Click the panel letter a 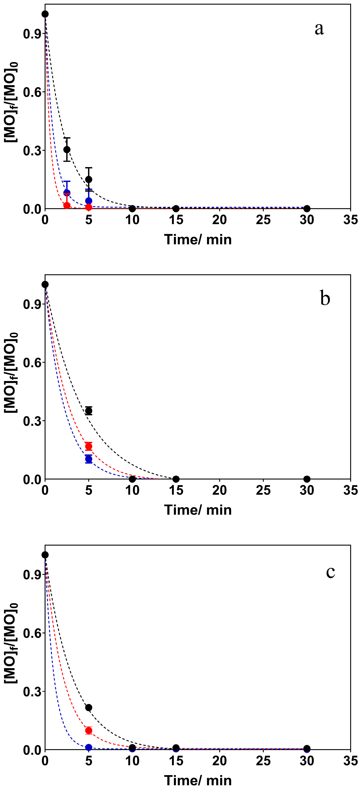point(319,29)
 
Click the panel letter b point(325,298)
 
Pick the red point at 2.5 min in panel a point(67,205)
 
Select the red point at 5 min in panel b point(89,446)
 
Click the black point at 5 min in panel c point(89,708)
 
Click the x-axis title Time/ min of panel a point(198,240)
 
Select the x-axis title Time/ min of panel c point(198,780)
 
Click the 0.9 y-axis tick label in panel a point(32,34)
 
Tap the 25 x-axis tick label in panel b point(263,490)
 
